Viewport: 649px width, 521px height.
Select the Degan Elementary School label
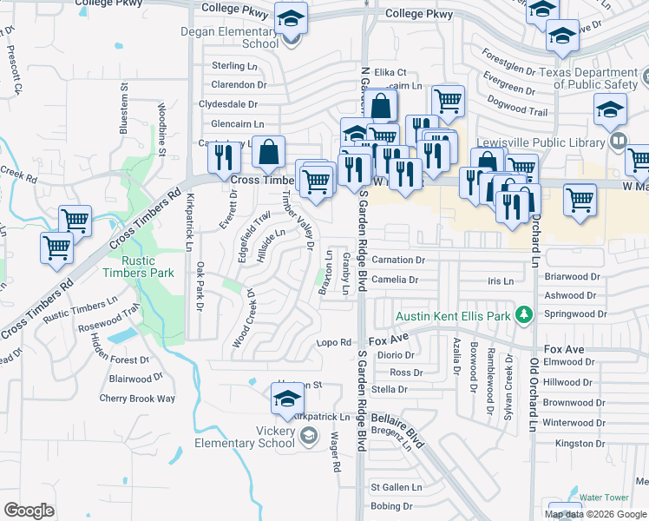pyautogui.click(x=230, y=37)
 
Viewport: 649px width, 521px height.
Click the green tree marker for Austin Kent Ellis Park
pyautogui.click(x=523, y=314)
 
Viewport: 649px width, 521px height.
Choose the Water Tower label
pyautogui.click(x=603, y=497)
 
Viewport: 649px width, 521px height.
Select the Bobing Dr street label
pyautogui.click(x=391, y=505)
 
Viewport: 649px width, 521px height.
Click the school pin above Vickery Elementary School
pyautogui.click(x=287, y=398)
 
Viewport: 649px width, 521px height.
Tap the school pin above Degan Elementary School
pyautogui.click(x=291, y=17)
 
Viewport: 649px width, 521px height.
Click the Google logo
pyautogui.click(x=29, y=511)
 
